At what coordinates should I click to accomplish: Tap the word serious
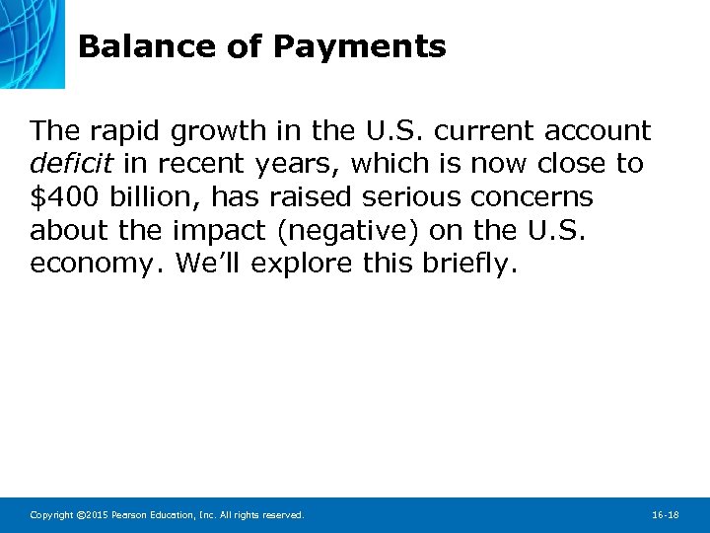click(408, 197)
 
